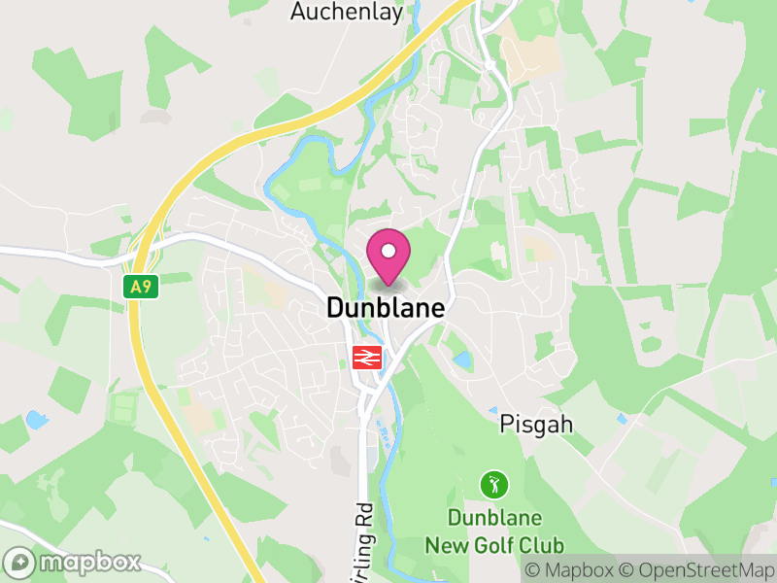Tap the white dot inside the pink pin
388,251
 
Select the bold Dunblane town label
386,309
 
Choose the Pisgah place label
537,425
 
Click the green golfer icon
494,483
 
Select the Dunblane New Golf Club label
494,532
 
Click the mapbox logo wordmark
89,563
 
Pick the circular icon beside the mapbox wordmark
20,563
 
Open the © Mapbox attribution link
570,570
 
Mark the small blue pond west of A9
36,420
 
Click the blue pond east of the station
462,360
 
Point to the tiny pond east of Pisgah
622,419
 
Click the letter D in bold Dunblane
335,309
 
